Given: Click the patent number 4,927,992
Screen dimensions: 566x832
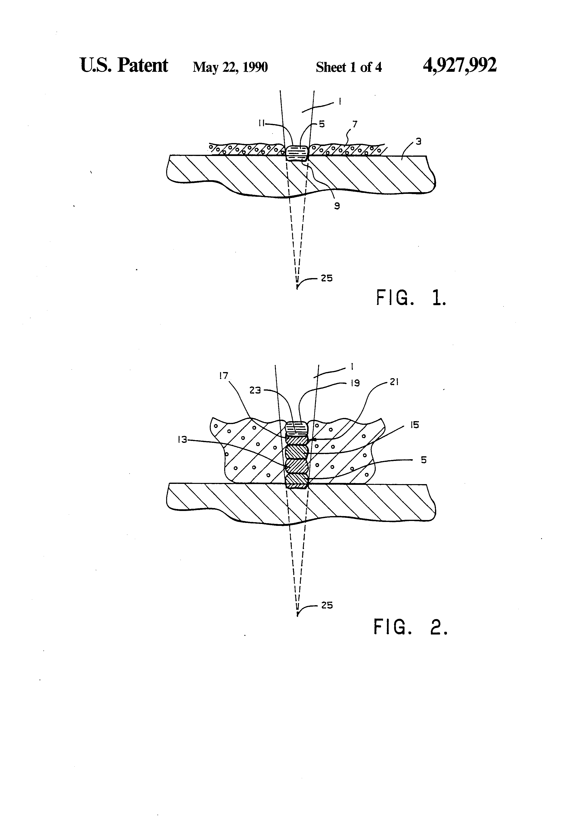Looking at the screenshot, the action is [x=459, y=65].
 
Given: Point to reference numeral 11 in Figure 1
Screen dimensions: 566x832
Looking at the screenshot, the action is [x=262, y=123].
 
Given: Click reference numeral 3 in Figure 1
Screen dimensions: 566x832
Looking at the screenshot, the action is [x=418, y=141].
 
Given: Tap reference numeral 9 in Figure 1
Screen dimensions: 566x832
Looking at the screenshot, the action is [x=337, y=206].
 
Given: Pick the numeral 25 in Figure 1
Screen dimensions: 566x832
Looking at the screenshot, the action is [x=326, y=278].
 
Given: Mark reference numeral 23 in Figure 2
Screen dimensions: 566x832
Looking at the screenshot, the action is [x=255, y=390].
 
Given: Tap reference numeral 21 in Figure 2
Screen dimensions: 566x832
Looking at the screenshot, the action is [x=394, y=382].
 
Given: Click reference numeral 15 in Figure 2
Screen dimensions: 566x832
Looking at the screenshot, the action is [x=414, y=425].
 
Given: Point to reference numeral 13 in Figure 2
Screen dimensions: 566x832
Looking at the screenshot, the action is [x=182, y=440].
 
